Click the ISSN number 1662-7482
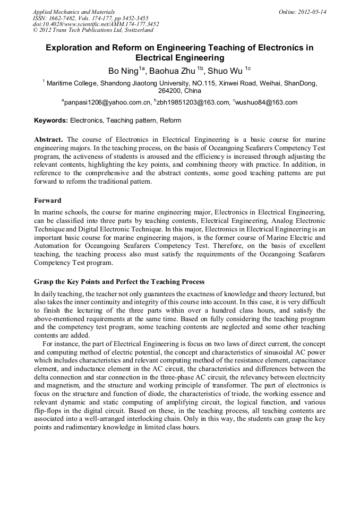click(x=66, y=18)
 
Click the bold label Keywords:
click(x=51, y=120)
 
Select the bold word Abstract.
click(x=48, y=139)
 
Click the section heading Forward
click(x=48, y=201)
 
